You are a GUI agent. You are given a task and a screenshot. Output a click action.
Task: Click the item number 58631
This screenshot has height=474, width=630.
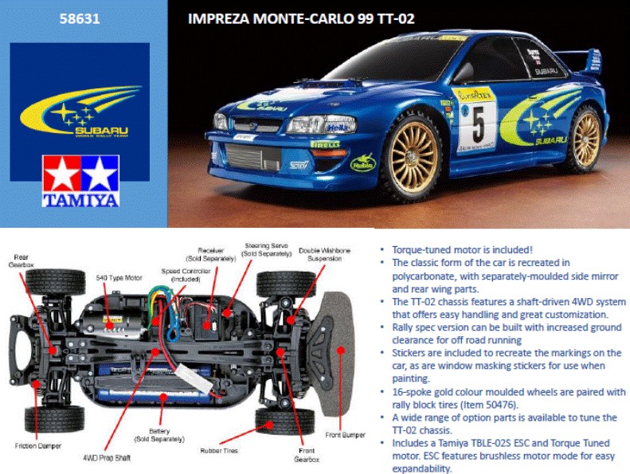click(x=79, y=18)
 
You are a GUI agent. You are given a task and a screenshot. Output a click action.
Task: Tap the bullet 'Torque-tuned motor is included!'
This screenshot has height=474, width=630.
click(x=463, y=249)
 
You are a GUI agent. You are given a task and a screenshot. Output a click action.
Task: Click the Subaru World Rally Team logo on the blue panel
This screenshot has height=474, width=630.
click(x=79, y=107)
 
